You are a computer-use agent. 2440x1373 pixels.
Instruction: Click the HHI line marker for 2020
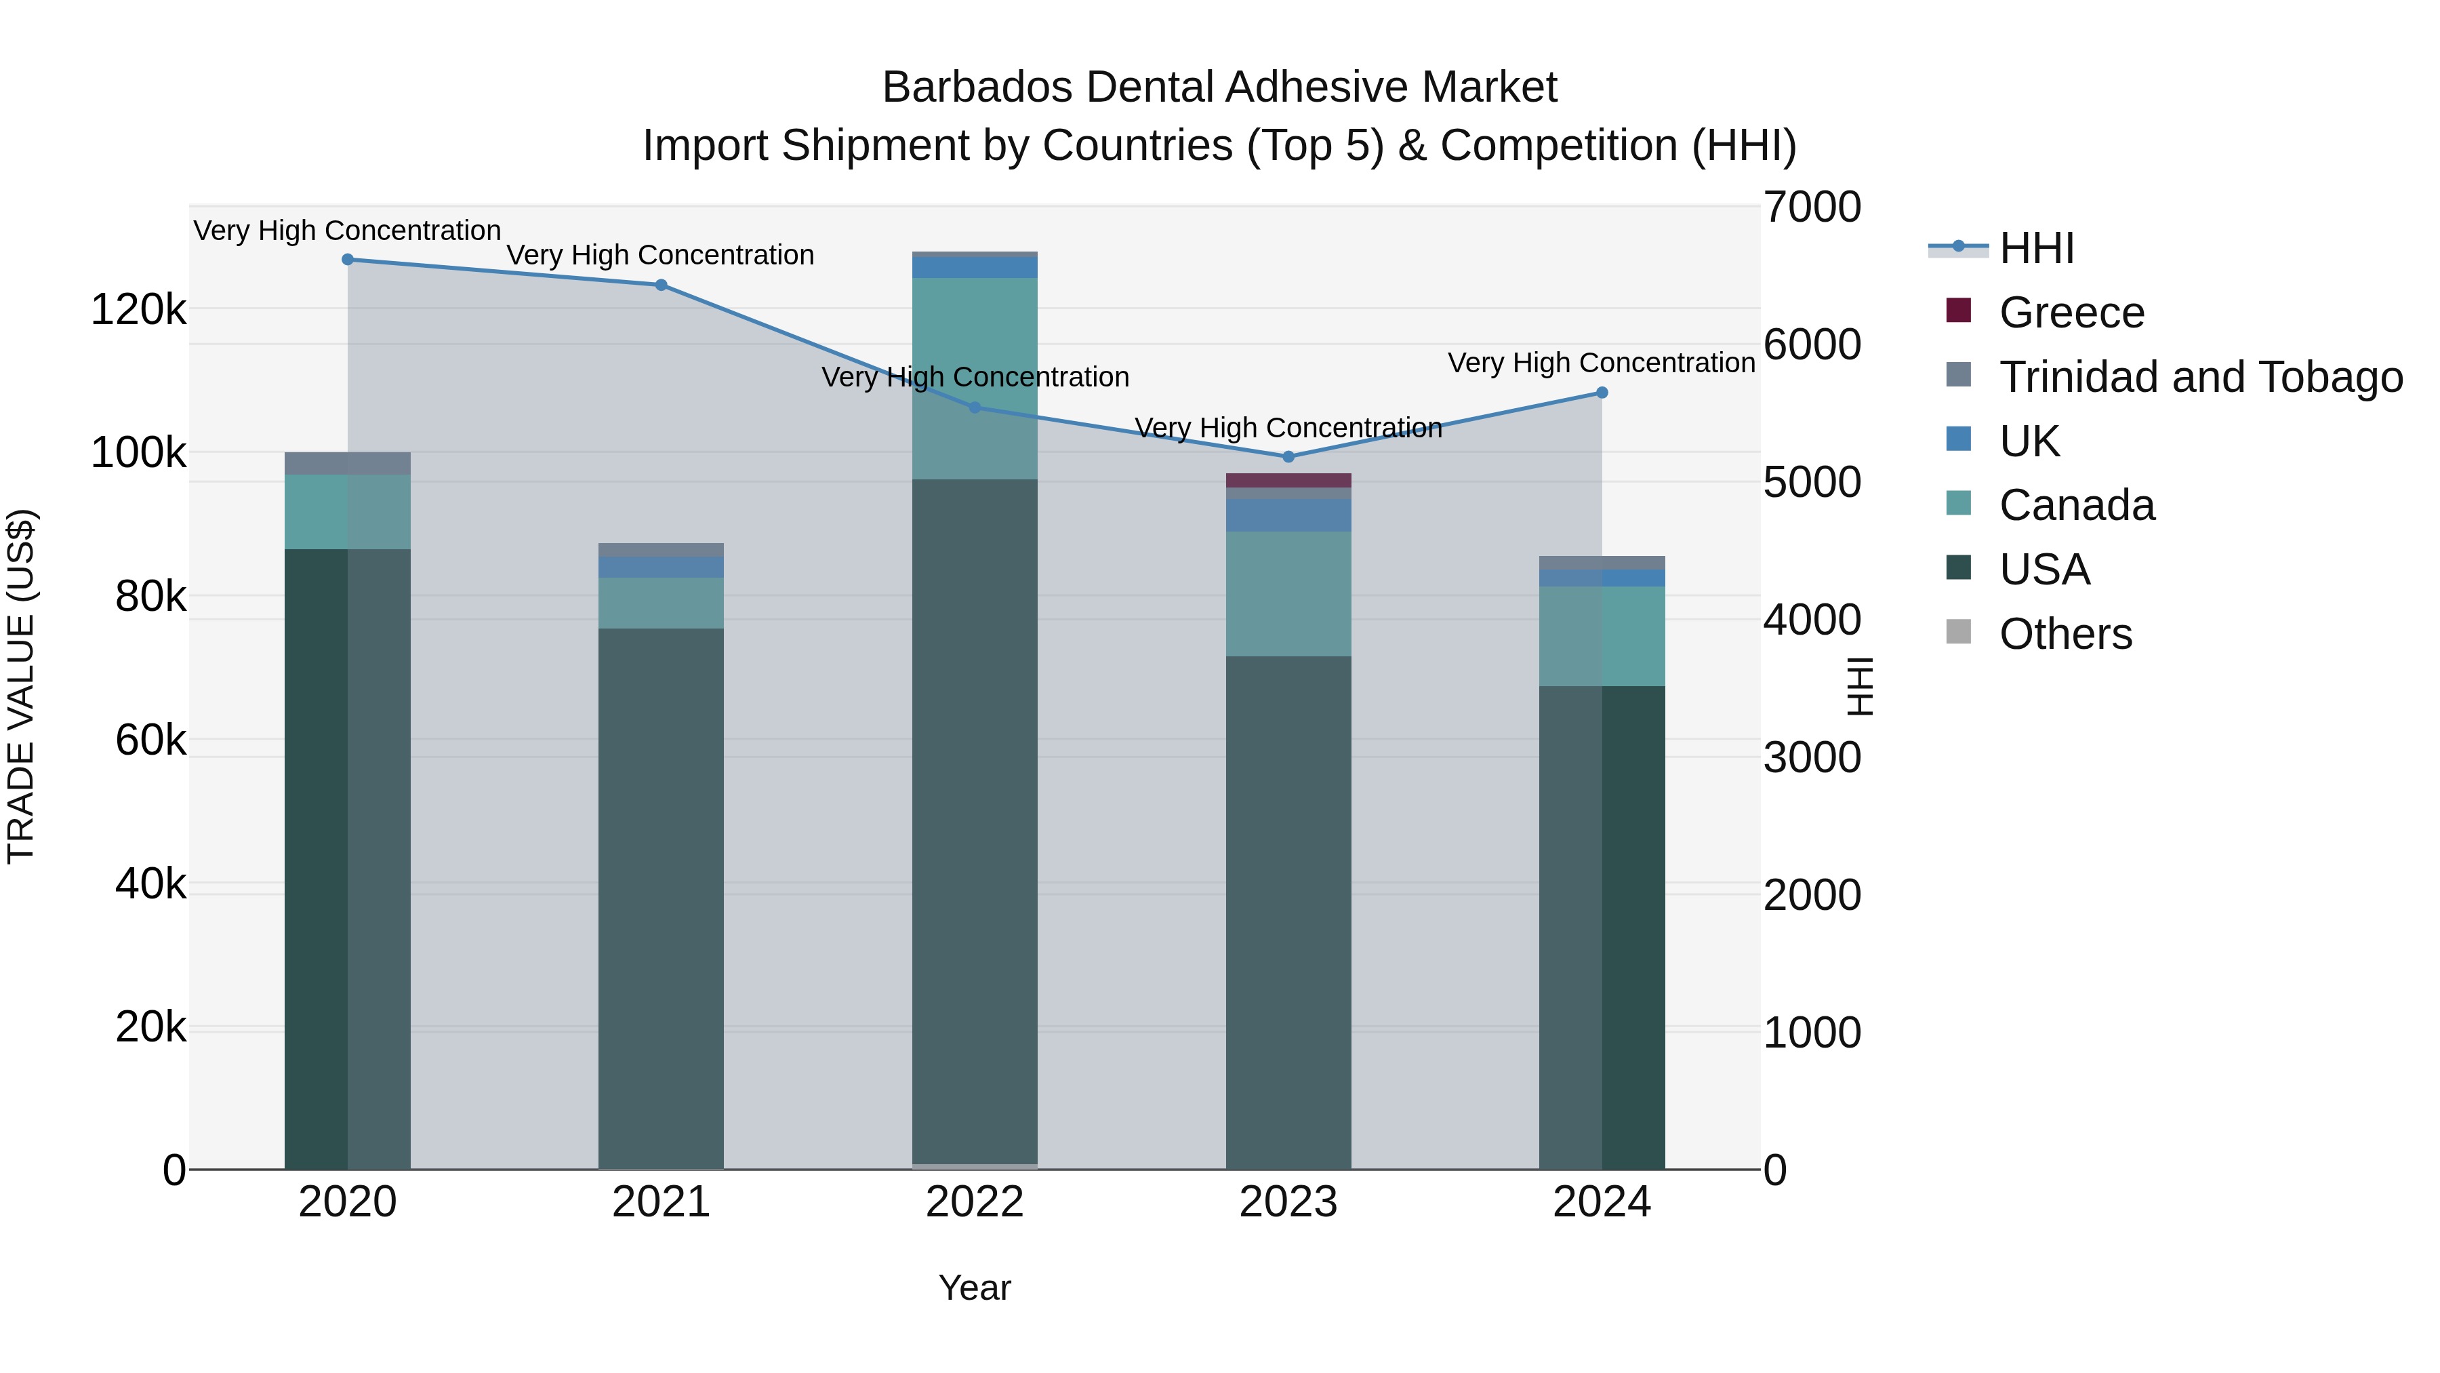348,260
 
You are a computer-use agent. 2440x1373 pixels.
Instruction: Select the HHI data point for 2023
1288,457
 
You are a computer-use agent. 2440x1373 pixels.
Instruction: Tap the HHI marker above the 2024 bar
1602,393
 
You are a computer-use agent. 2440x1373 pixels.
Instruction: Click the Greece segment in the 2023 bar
1288,481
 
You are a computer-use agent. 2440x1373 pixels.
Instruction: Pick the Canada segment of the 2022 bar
975,378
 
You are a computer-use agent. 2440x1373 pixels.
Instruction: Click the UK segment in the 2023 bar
1288,515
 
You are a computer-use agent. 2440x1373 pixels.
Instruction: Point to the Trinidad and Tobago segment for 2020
348,463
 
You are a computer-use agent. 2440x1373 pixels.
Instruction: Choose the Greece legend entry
2071,313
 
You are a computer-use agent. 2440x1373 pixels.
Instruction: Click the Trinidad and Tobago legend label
2200,377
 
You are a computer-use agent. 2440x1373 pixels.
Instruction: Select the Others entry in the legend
2065,634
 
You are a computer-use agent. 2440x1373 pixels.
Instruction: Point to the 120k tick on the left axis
138,310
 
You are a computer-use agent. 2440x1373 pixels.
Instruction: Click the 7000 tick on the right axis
1811,207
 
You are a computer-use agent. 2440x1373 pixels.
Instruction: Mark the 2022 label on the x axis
975,1202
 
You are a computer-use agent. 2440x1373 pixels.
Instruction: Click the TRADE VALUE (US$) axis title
21,686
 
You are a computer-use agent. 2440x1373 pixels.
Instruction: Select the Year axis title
975,1288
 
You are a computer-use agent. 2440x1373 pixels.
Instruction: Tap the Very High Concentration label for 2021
660,255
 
